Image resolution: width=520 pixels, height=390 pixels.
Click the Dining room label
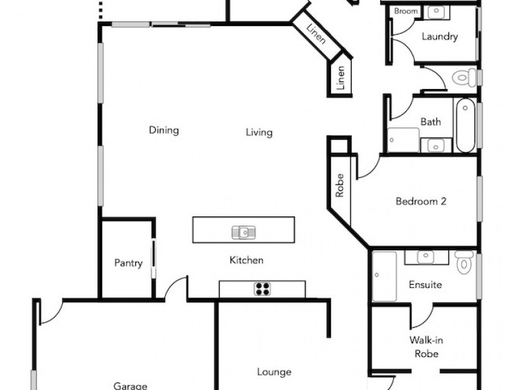point(164,130)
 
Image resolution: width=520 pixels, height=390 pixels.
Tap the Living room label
point(259,133)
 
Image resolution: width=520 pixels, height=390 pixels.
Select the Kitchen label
point(246,260)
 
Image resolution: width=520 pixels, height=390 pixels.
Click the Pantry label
point(128,263)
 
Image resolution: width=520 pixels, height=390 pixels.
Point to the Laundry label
point(439,36)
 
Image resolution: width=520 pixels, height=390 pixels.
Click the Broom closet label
point(406,12)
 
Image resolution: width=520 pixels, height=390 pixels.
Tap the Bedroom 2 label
point(421,201)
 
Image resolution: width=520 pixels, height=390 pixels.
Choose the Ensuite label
point(425,285)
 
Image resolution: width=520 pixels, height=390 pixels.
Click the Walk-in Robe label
point(426,346)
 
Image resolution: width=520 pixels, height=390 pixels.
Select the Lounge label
point(274,372)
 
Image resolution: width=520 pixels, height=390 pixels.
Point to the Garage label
point(130,385)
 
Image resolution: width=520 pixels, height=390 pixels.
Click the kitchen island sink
point(243,231)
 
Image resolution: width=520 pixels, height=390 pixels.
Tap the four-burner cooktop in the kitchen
point(262,289)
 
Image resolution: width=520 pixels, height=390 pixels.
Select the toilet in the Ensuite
point(463,262)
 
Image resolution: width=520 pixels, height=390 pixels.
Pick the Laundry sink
point(437,11)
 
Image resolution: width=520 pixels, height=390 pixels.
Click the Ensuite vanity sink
point(426,257)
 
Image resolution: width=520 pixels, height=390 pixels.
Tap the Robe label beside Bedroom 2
point(339,185)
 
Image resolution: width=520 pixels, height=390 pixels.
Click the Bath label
point(430,122)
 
